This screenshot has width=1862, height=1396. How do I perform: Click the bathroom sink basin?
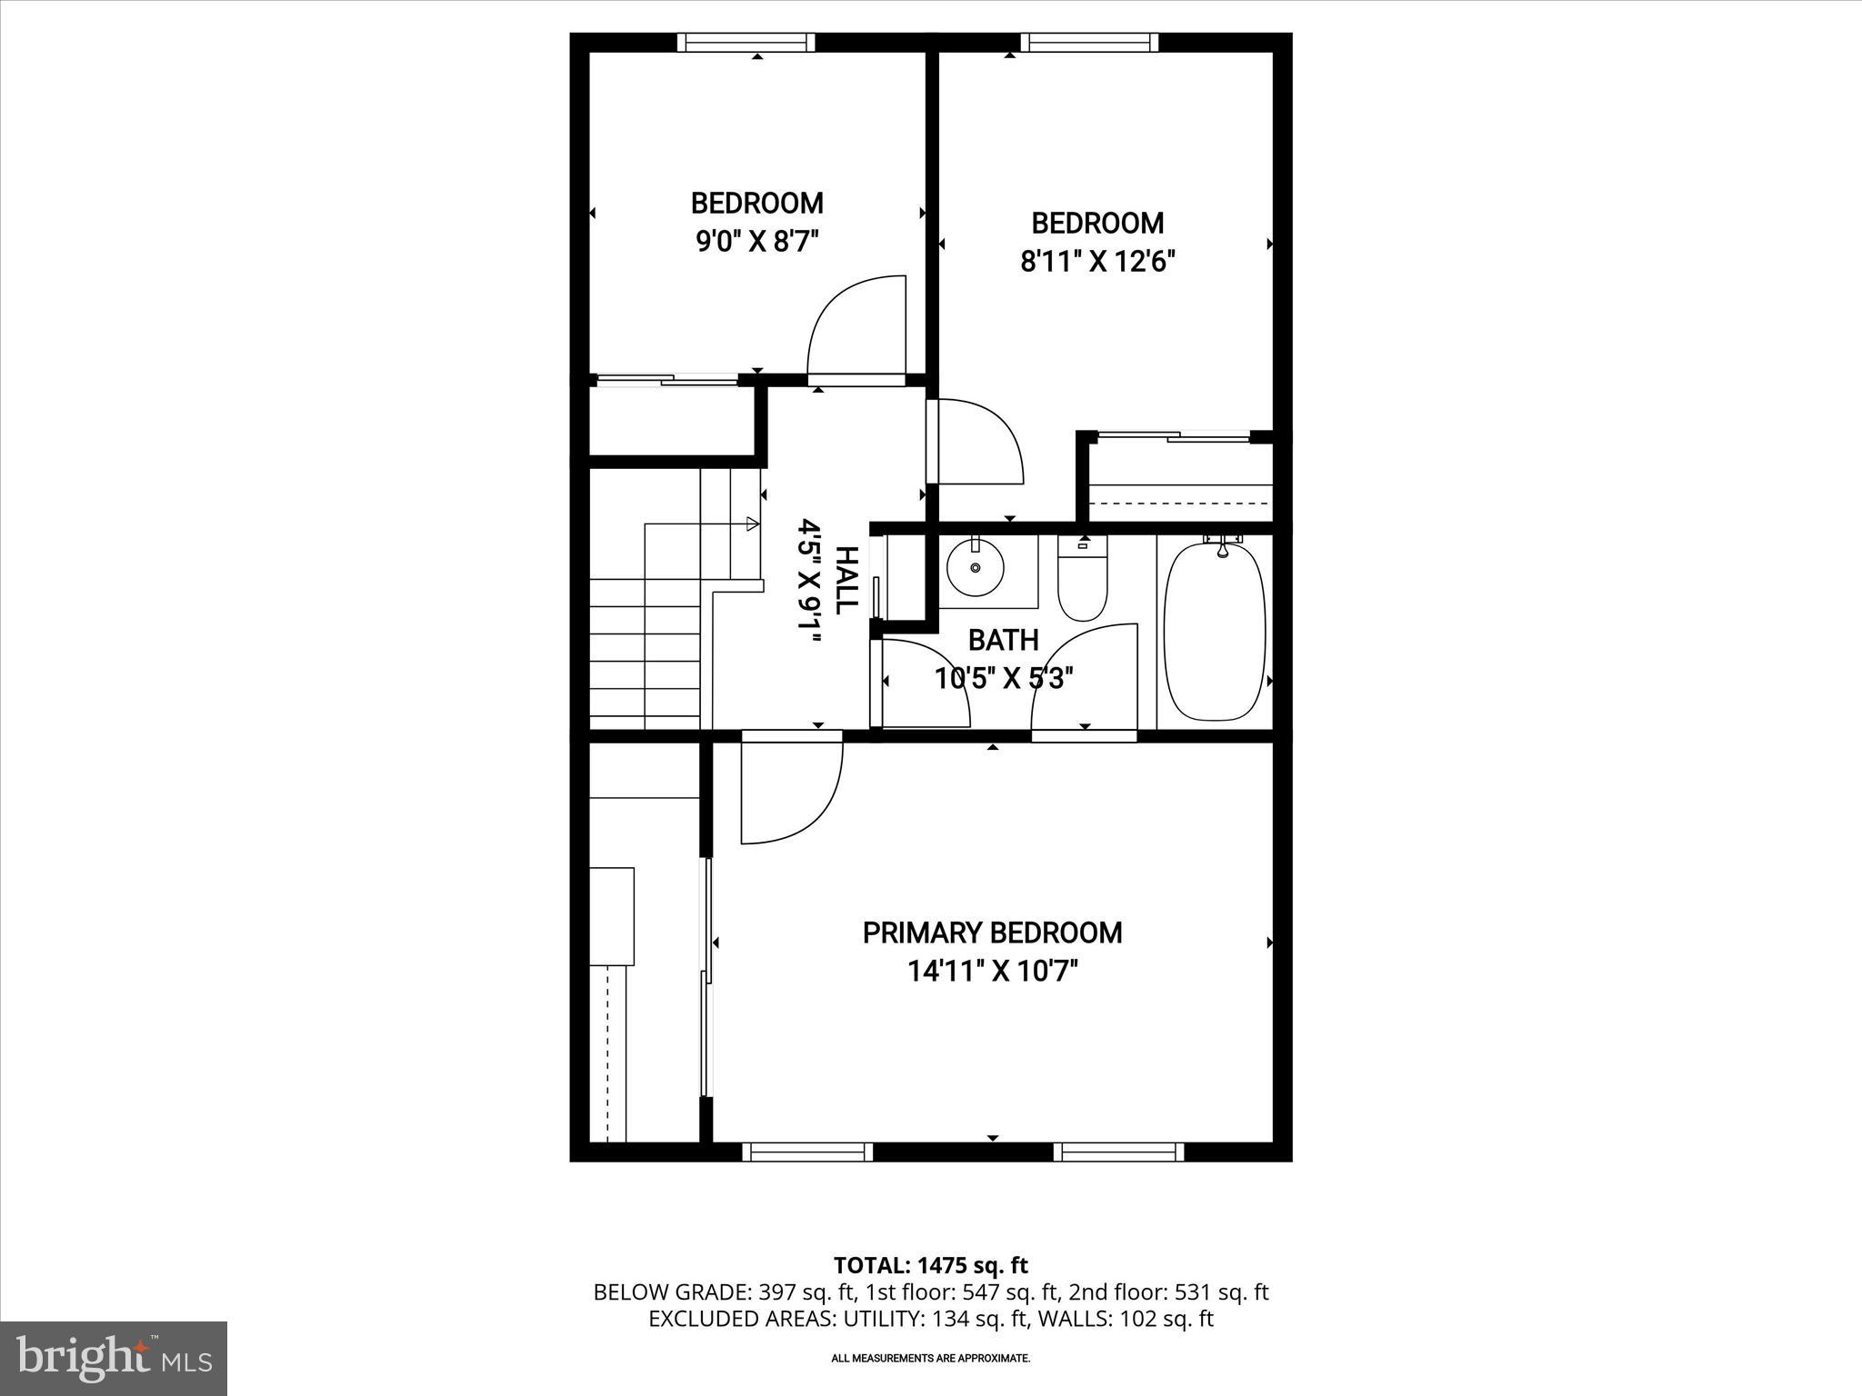point(976,567)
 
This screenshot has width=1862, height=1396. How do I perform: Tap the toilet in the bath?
point(1082,582)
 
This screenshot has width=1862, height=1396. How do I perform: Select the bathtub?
point(1215,632)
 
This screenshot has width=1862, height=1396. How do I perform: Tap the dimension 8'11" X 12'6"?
point(1097,262)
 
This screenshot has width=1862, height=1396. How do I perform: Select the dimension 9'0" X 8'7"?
point(757,242)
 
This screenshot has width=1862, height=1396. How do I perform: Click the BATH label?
point(1003,640)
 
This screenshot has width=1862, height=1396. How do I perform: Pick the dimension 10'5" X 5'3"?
point(1004,678)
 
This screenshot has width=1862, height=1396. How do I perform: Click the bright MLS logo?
point(114,1358)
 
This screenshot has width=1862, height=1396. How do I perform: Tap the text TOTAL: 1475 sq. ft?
point(930,1265)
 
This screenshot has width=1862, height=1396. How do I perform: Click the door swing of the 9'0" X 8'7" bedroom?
point(855,327)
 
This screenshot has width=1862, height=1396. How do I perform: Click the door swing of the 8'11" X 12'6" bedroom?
point(978,442)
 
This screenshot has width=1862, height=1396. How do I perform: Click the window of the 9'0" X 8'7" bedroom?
point(746,43)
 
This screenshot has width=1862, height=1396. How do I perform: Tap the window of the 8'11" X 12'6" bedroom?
point(1089,43)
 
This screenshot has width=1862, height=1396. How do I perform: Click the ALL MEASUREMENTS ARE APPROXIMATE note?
point(930,1359)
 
